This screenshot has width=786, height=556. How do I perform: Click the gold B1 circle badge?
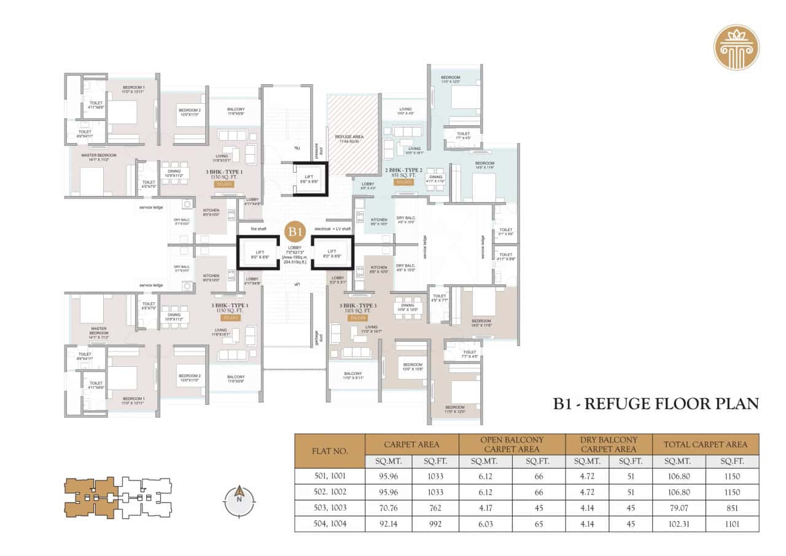(296, 231)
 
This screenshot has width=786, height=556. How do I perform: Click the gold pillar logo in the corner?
(736, 47)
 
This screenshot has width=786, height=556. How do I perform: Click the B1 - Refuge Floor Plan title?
(656, 404)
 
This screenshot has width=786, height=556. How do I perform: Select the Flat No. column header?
(330, 452)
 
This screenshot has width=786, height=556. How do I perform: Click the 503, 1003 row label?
(330, 507)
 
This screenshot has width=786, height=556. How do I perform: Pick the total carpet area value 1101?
(731, 524)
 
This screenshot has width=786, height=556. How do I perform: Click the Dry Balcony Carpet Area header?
(609, 444)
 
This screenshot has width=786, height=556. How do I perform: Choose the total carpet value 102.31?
(679, 524)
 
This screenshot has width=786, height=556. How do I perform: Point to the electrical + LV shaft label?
(332, 228)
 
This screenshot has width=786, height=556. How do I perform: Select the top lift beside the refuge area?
(309, 179)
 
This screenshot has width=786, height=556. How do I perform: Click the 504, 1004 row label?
(330, 524)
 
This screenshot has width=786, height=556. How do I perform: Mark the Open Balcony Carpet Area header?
(512, 444)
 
